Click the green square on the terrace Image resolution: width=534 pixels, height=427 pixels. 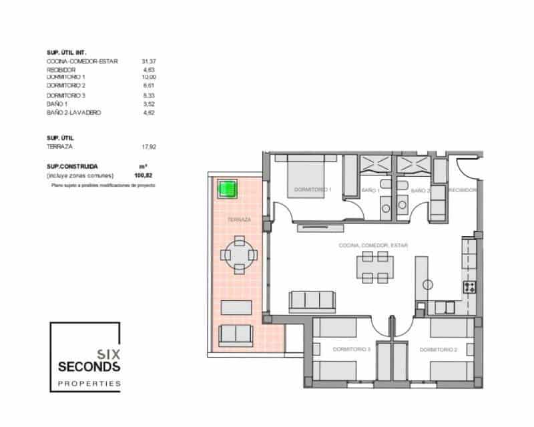(228, 189)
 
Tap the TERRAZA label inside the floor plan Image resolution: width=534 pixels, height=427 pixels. (239, 220)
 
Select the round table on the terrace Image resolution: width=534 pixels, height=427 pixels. (239, 254)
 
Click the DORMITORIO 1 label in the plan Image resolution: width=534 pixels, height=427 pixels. (312, 190)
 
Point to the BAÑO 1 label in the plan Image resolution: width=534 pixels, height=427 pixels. (370, 191)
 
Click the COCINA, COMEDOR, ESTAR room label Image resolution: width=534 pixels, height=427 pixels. (373, 246)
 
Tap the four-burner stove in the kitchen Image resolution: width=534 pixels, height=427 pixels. (470, 288)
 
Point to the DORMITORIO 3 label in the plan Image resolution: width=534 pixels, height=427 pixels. (351, 349)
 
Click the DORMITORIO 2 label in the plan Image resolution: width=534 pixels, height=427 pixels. (438, 349)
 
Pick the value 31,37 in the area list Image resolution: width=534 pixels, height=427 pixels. (148, 61)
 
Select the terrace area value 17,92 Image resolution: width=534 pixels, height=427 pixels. (148, 145)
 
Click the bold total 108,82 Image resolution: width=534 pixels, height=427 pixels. (144, 175)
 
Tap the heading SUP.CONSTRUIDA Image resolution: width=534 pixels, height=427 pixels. (73, 165)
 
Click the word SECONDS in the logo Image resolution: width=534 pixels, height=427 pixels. (89, 367)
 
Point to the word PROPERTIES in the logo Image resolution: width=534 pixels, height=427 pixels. (89, 384)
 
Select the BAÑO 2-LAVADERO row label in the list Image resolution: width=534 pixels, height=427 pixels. (73, 113)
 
